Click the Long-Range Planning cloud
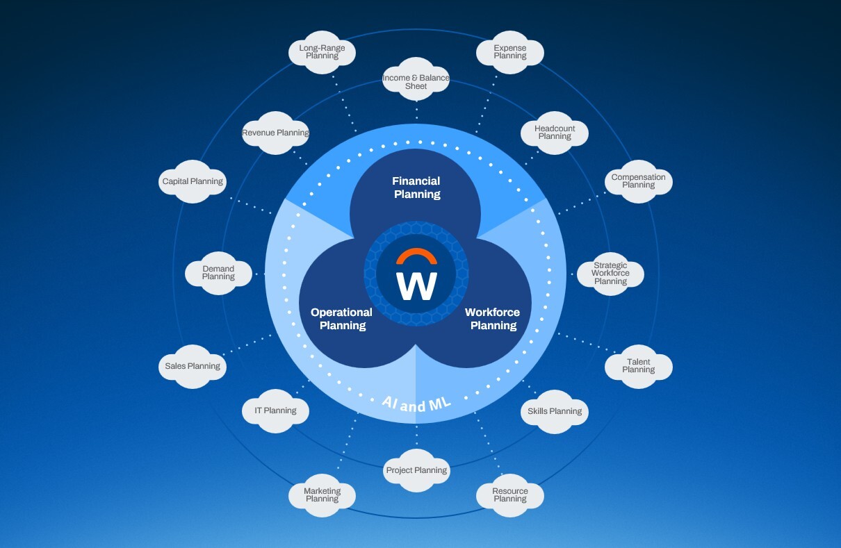(322, 52)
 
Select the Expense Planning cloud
(510, 52)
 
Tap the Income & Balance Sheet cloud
(416, 82)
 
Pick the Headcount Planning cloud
(555, 132)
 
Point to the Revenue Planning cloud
(275, 133)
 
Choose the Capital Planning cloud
(193, 181)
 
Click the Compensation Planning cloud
(638, 181)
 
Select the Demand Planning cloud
(218, 273)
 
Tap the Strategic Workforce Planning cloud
(610, 273)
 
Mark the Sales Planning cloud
(193, 366)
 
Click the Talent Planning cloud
(638, 366)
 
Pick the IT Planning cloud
(275, 410)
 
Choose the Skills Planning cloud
(555, 411)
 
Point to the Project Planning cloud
(416, 470)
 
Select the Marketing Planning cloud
(322, 495)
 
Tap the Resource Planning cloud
(510, 495)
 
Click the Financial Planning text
(417, 188)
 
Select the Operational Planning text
(341, 319)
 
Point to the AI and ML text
(417, 402)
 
